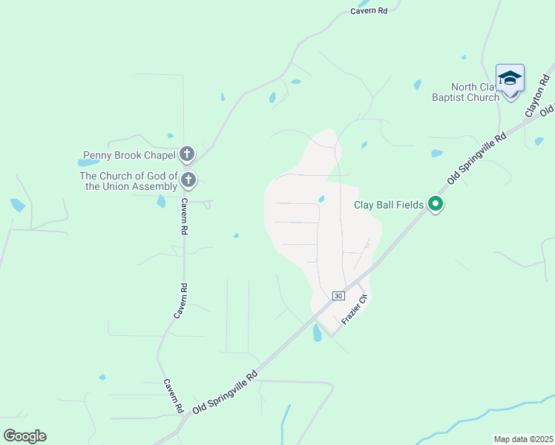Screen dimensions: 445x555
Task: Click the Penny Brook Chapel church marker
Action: (x=187, y=154)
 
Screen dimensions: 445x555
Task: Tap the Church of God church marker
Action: (x=188, y=179)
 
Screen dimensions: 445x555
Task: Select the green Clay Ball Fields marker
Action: (x=436, y=205)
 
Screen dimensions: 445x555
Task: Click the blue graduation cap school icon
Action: (x=510, y=79)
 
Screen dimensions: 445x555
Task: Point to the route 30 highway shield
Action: (x=338, y=295)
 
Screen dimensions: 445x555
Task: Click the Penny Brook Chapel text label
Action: (x=129, y=155)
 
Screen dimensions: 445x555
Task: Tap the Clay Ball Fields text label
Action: (x=388, y=205)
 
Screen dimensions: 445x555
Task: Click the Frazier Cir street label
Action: (x=355, y=309)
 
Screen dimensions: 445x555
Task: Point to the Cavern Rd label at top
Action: (x=369, y=11)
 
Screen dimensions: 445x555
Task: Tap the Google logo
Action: (x=24, y=436)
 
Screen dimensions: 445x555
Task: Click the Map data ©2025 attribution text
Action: (x=523, y=439)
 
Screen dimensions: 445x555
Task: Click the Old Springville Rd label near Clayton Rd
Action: (x=477, y=158)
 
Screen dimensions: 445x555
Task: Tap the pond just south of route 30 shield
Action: (x=318, y=333)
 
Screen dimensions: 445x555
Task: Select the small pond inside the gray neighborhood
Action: (x=321, y=198)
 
